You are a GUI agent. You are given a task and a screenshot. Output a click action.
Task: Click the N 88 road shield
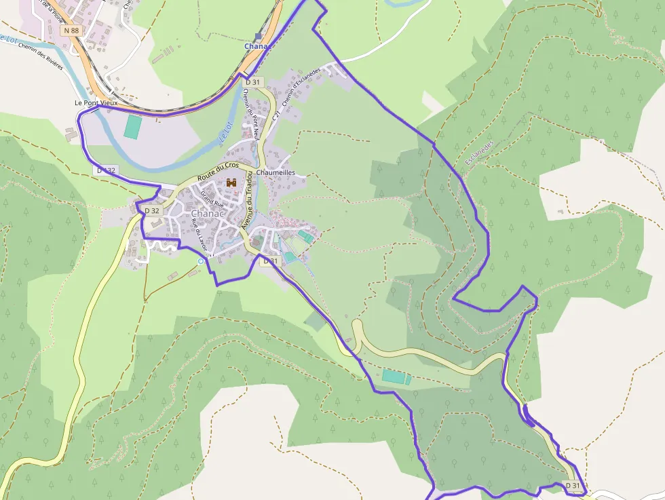(x=70, y=31)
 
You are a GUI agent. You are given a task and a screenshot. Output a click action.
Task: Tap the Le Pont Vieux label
(x=96, y=103)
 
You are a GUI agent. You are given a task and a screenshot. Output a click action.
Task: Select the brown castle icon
(x=231, y=182)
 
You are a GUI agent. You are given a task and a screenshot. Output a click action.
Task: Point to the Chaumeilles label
(x=277, y=172)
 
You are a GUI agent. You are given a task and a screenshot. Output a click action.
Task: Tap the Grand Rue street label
(x=212, y=199)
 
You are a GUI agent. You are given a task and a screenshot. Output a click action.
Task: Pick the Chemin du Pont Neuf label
(x=250, y=116)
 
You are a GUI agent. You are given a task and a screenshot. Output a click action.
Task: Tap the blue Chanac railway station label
(x=257, y=46)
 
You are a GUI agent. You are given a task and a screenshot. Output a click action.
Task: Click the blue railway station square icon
(x=258, y=37)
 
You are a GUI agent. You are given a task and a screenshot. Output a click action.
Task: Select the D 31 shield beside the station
(x=252, y=81)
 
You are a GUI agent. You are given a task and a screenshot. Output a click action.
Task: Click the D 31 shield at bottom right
(x=573, y=485)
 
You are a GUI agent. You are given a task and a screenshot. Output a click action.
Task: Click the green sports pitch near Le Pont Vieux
(x=134, y=126)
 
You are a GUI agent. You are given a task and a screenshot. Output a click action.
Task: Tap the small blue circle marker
(x=200, y=261)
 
